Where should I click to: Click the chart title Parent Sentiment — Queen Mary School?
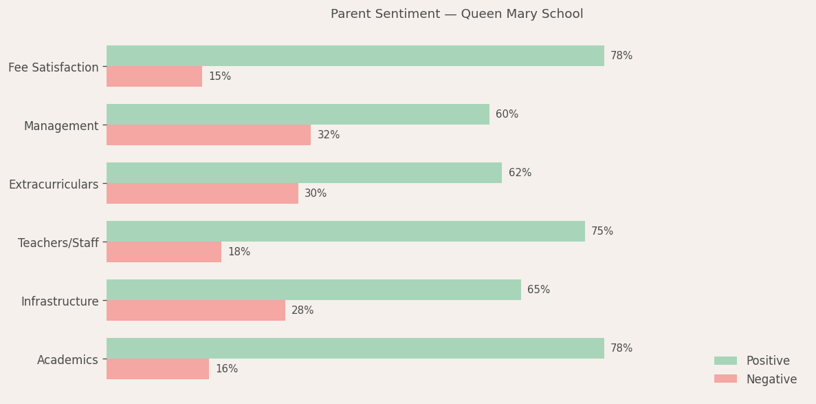[x=456, y=14]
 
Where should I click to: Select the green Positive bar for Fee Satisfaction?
[x=355, y=56]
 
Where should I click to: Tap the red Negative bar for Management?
[x=208, y=135]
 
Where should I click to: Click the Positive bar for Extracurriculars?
[x=304, y=173]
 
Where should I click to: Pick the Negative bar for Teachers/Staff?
[x=164, y=252]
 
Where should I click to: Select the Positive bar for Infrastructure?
[x=313, y=290]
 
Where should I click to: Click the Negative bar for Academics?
[x=157, y=369]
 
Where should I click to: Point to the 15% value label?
[x=220, y=76]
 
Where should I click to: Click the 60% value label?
[x=507, y=114]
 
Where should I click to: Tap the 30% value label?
[x=316, y=193]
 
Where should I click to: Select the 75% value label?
[x=602, y=231]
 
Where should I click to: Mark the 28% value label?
[x=302, y=310]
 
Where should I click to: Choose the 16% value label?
[x=227, y=369]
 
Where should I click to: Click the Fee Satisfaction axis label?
[x=54, y=67]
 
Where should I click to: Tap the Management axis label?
[x=61, y=126]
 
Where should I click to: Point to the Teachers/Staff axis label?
[x=58, y=243]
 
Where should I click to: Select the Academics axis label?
[x=67, y=360]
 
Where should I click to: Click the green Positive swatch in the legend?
[x=725, y=361]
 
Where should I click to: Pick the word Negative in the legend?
[x=771, y=379]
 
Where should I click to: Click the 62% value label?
[x=520, y=173]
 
